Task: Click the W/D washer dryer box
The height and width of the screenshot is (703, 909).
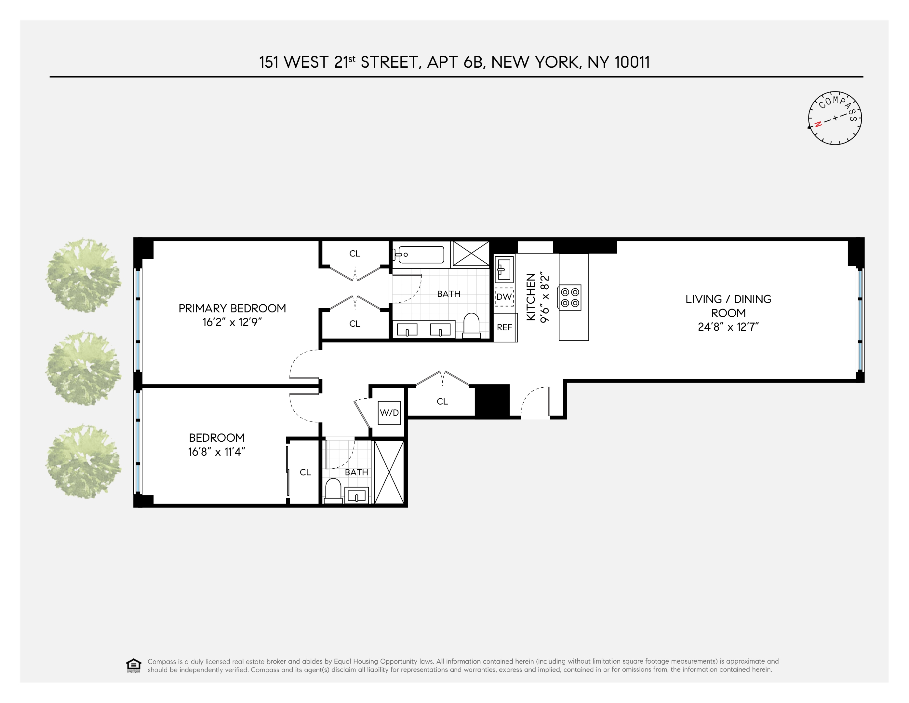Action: pos(389,413)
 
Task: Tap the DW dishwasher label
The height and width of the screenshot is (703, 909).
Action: pos(504,297)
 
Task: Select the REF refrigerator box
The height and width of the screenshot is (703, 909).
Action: pos(504,327)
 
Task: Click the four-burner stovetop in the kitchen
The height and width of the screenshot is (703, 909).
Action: pos(570,297)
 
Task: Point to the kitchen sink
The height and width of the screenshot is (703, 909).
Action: pos(504,269)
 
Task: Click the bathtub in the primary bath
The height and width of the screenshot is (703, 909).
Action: pos(421,254)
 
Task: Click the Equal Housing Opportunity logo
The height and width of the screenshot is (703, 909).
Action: pos(134,666)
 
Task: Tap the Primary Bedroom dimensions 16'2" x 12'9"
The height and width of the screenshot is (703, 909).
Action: pos(232,322)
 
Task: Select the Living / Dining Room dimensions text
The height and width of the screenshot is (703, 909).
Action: pos(729,327)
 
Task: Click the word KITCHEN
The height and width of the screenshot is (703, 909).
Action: pos(531,296)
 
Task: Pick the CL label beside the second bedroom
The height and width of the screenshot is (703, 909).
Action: pos(305,472)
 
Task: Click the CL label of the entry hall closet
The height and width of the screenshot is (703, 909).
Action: pos(442,402)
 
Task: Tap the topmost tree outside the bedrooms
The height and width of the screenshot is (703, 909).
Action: pos(84,275)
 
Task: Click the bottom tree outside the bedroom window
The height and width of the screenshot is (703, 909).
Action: pos(84,461)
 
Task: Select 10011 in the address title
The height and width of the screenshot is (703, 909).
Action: pos(632,62)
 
